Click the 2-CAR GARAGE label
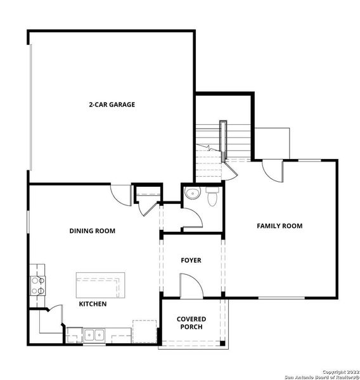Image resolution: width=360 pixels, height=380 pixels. point(112,104)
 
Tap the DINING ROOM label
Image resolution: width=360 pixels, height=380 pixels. point(93,231)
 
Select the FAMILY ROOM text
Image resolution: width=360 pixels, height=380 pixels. point(279,226)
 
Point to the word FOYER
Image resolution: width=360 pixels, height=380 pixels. point(191,260)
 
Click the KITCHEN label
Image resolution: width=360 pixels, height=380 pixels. point(93,304)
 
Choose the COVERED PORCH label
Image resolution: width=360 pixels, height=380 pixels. point(191,323)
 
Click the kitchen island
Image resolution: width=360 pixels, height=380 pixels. point(100,286)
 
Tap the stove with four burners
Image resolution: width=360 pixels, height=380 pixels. point(37,286)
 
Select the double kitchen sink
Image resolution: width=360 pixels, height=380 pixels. point(96,334)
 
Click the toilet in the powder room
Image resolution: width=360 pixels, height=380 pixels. point(212,196)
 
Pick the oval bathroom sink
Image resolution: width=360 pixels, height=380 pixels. point(191,193)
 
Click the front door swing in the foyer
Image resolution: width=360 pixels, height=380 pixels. point(191,286)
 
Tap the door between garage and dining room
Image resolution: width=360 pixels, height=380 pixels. point(120,194)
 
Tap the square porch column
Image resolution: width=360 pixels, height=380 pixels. point(222,344)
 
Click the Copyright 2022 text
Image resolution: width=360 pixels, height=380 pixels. point(340,371)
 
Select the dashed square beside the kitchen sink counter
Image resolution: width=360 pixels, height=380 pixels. point(144,331)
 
